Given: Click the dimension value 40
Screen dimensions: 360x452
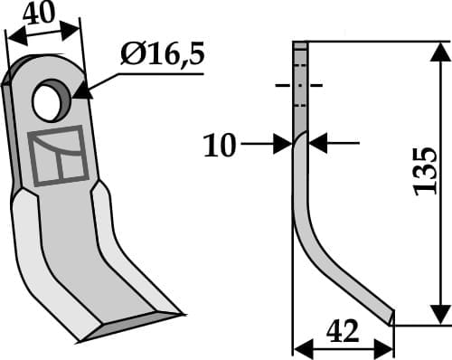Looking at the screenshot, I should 41,15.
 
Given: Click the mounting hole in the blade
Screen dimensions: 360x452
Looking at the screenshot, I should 52,101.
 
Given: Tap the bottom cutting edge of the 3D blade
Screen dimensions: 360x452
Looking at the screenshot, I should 131,327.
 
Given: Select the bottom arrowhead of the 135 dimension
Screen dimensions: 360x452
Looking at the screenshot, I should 439,314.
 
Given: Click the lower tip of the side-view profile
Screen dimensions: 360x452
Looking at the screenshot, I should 391,318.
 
